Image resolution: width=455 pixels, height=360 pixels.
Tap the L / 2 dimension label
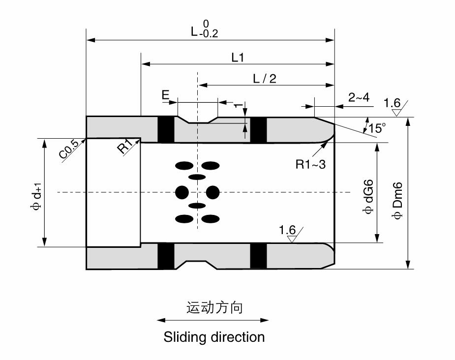[265, 79]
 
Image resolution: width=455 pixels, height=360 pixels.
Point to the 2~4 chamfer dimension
[359, 98]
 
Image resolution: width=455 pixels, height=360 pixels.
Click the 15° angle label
[377, 128]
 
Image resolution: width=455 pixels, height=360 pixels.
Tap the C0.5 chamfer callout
[69, 150]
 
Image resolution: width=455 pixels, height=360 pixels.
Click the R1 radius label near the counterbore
[125, 147]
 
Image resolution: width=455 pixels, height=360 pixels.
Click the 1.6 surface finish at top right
[392, 103]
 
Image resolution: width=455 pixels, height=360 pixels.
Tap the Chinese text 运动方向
[214, 308]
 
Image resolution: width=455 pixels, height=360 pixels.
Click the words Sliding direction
[214, 337]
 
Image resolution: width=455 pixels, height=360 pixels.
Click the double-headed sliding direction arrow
[213, 320]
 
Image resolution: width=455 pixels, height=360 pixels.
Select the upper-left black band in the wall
[166, 130]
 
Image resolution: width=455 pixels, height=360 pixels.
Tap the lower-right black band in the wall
[258, 256]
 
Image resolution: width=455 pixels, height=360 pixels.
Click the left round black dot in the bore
[182, 191]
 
